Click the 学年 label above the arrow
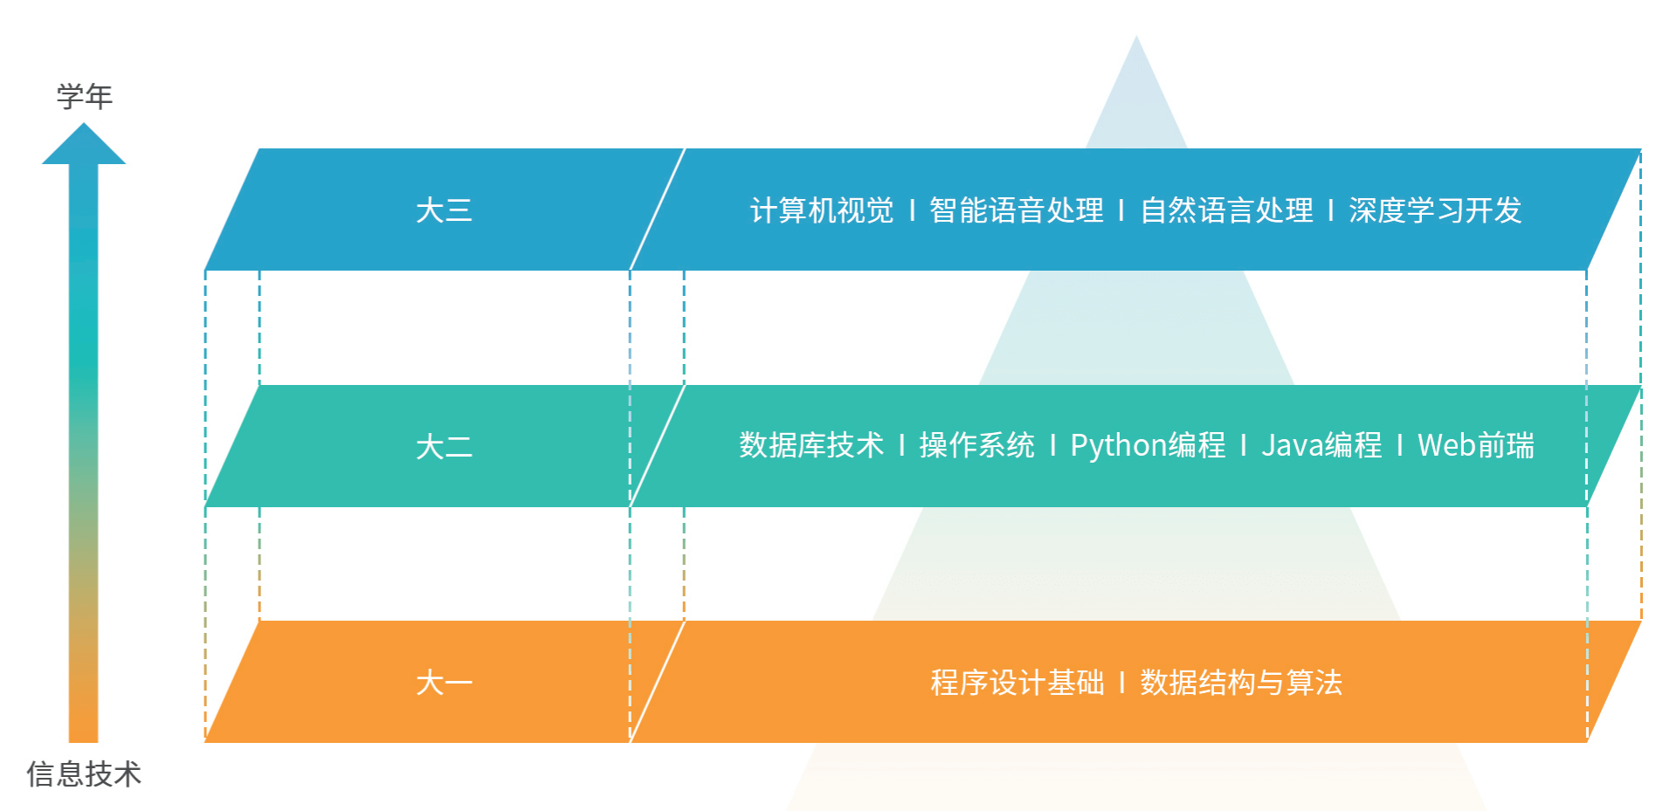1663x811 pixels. tap(85, 96)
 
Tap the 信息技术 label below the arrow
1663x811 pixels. tap(84, 773)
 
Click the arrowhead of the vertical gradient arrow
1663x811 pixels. tap(84, 145)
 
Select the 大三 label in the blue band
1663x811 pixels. tap(444, 210)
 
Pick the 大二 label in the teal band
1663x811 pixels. tap(444, 447)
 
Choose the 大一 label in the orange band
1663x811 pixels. tap(444, 683)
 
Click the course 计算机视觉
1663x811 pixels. tap(822, 210)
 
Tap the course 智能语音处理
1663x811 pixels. tap(1016, 210)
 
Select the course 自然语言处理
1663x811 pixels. tap(1226, 210)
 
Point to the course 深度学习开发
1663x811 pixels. tap(1435, 210)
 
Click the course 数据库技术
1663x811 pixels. tap(811, 445)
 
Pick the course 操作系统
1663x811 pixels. tap(976, 445)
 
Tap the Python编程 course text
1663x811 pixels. tap(1148, 445)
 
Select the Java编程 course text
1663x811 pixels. tap(1321, 445)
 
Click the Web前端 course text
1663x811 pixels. tap(1475, 445)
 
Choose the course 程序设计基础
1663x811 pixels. tap(1018, 683)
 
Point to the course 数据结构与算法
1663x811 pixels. tap(1241, 683)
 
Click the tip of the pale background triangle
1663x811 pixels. tap(1136, 40)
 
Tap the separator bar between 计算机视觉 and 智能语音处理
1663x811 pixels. tap(912, 210)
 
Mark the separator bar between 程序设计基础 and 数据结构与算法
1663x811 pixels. tap(1121, 683)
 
